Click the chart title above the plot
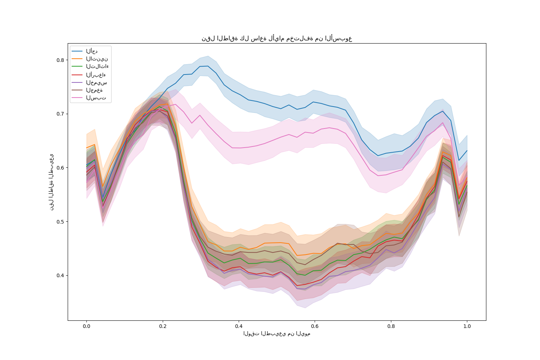pos(276,39)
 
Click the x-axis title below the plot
pos(276,333)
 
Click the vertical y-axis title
pos(52,182)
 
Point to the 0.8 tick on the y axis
pos(60,60)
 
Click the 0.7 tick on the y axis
pos(60,114)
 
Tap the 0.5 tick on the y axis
pos(60,221)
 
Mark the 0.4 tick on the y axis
pos(60,275)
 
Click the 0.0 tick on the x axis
pos(86,327)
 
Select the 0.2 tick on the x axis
pos(163,327)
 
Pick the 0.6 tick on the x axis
pos(315,327)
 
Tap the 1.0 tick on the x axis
pos(467,327)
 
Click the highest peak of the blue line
pos(208,66)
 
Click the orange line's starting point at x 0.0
pos(86,148)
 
